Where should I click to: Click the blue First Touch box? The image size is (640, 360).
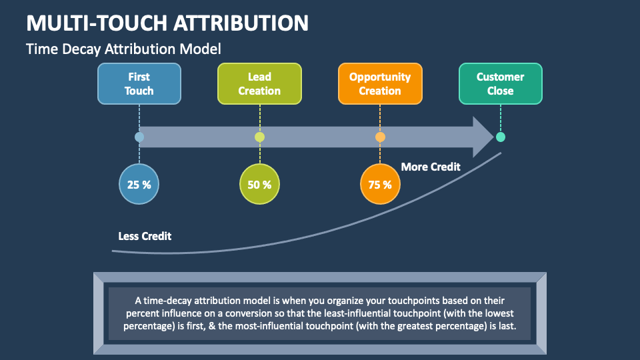[139, 84]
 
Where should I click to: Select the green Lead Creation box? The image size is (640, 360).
[259, 84]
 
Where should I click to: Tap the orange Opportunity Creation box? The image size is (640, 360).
[380, 84]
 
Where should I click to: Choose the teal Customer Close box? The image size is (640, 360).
[500, 84]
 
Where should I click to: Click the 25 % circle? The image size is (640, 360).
[139, 184]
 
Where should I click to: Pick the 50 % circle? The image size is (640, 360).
[259, 184]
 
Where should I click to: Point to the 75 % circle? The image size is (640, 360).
[380, 184]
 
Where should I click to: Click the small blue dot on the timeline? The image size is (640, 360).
[139, 137]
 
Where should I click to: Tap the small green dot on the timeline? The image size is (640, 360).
[259, 137]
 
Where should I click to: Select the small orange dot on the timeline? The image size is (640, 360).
[380, 137]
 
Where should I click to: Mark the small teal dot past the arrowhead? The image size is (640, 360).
[501, 137]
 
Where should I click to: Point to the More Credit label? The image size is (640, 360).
[431, 167]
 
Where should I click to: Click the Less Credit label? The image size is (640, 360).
[145, 236]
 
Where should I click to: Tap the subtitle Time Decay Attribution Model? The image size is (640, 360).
[123, 49]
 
